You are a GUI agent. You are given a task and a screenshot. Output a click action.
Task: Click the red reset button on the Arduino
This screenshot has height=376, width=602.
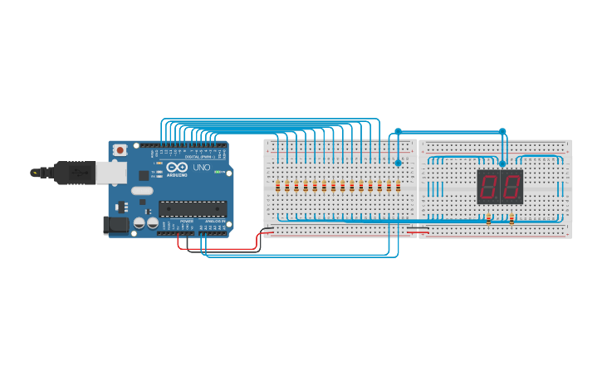pyautogui.click(x=120, y=150)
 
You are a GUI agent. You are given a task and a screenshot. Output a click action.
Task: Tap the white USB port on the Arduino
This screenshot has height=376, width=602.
pyautogui.click(x=111, y=172)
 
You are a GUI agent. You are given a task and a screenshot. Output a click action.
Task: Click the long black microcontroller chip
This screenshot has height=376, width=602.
pyautogui.click(x=193, y=208)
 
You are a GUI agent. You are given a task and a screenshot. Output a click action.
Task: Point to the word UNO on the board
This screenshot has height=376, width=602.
pyautogui.click(x=202, y=168)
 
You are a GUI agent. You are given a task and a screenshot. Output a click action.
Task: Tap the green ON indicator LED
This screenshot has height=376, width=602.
pyautogui.click(x=218, y=172)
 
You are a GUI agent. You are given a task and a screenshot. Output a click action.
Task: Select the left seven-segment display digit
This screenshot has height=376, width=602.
pyautogui.click(x=488, y=186)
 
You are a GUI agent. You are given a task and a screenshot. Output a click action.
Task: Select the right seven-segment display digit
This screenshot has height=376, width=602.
pyautogui.click(x=511, y=186)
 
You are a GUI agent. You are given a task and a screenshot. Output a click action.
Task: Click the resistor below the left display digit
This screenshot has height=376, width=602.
pyautogui.click(x=488, y=219)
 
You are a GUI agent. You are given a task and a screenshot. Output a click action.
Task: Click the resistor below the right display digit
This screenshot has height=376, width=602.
pyautogui.click(x=511, y=219)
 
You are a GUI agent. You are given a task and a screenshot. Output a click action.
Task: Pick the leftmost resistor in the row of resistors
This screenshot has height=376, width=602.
pyautogui.click(x=277, y=186)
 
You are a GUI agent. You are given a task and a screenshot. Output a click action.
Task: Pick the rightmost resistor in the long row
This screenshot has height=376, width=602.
pyautogui.click(x=398, y=186)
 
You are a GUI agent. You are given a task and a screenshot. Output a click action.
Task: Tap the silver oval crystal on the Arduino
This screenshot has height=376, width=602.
pyautogui.click(x=142, y=191)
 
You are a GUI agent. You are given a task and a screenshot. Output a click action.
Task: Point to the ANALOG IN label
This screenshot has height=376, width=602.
pyautogui.click(x=214, y=222)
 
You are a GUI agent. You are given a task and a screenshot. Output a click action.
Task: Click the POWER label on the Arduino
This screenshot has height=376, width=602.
pyautogui.click(x=187, y=222)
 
